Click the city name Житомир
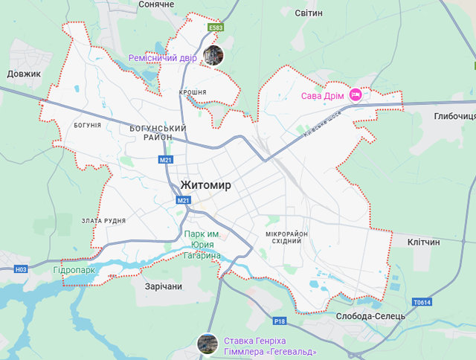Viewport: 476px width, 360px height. (206, 184)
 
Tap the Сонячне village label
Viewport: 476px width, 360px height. (155, 4)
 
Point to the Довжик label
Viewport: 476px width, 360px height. (24, 74)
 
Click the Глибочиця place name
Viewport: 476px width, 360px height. (454, 116)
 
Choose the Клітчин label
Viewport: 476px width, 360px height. (424, 242)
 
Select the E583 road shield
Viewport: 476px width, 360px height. (216, 28)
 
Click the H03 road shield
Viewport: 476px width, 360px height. (21, 269)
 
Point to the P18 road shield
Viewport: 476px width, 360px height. (280, 321)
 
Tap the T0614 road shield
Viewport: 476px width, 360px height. (422, 303)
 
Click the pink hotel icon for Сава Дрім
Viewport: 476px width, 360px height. (356, 94)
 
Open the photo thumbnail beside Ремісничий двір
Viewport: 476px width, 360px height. (213, 55)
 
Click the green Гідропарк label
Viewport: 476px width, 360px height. (74, 269)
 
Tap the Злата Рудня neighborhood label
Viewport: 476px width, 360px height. (104, 221)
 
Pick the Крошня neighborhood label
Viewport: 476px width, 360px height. (193, 92)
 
